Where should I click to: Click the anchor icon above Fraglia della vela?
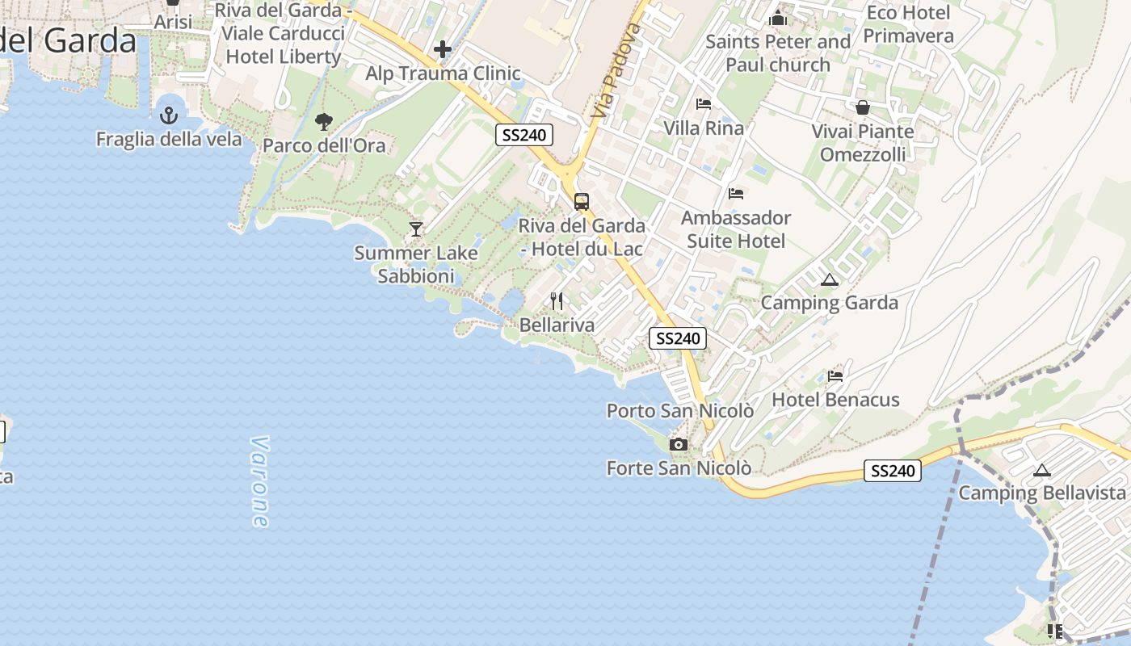point(168,115)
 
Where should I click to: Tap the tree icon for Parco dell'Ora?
point(324,122)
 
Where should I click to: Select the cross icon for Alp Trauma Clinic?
point(442,50)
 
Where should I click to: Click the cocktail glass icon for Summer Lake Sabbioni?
point(416,229)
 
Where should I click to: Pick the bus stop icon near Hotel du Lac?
point(581,202)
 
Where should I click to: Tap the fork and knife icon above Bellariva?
point(556,301)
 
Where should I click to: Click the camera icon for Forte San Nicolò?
point(679,444)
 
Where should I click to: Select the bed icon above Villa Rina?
point(704,104)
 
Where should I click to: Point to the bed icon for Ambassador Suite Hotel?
point(736,194)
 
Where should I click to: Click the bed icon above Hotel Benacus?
point(835,375)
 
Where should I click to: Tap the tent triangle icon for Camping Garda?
point(829,280)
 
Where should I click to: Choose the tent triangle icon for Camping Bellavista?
point(1042,470)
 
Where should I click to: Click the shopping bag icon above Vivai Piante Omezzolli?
point(863,107)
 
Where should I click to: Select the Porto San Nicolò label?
point(680,411)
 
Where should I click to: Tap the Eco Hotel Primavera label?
point(908,24)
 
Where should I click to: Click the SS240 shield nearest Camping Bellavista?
point(893,471)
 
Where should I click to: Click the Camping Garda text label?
point(830,303)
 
